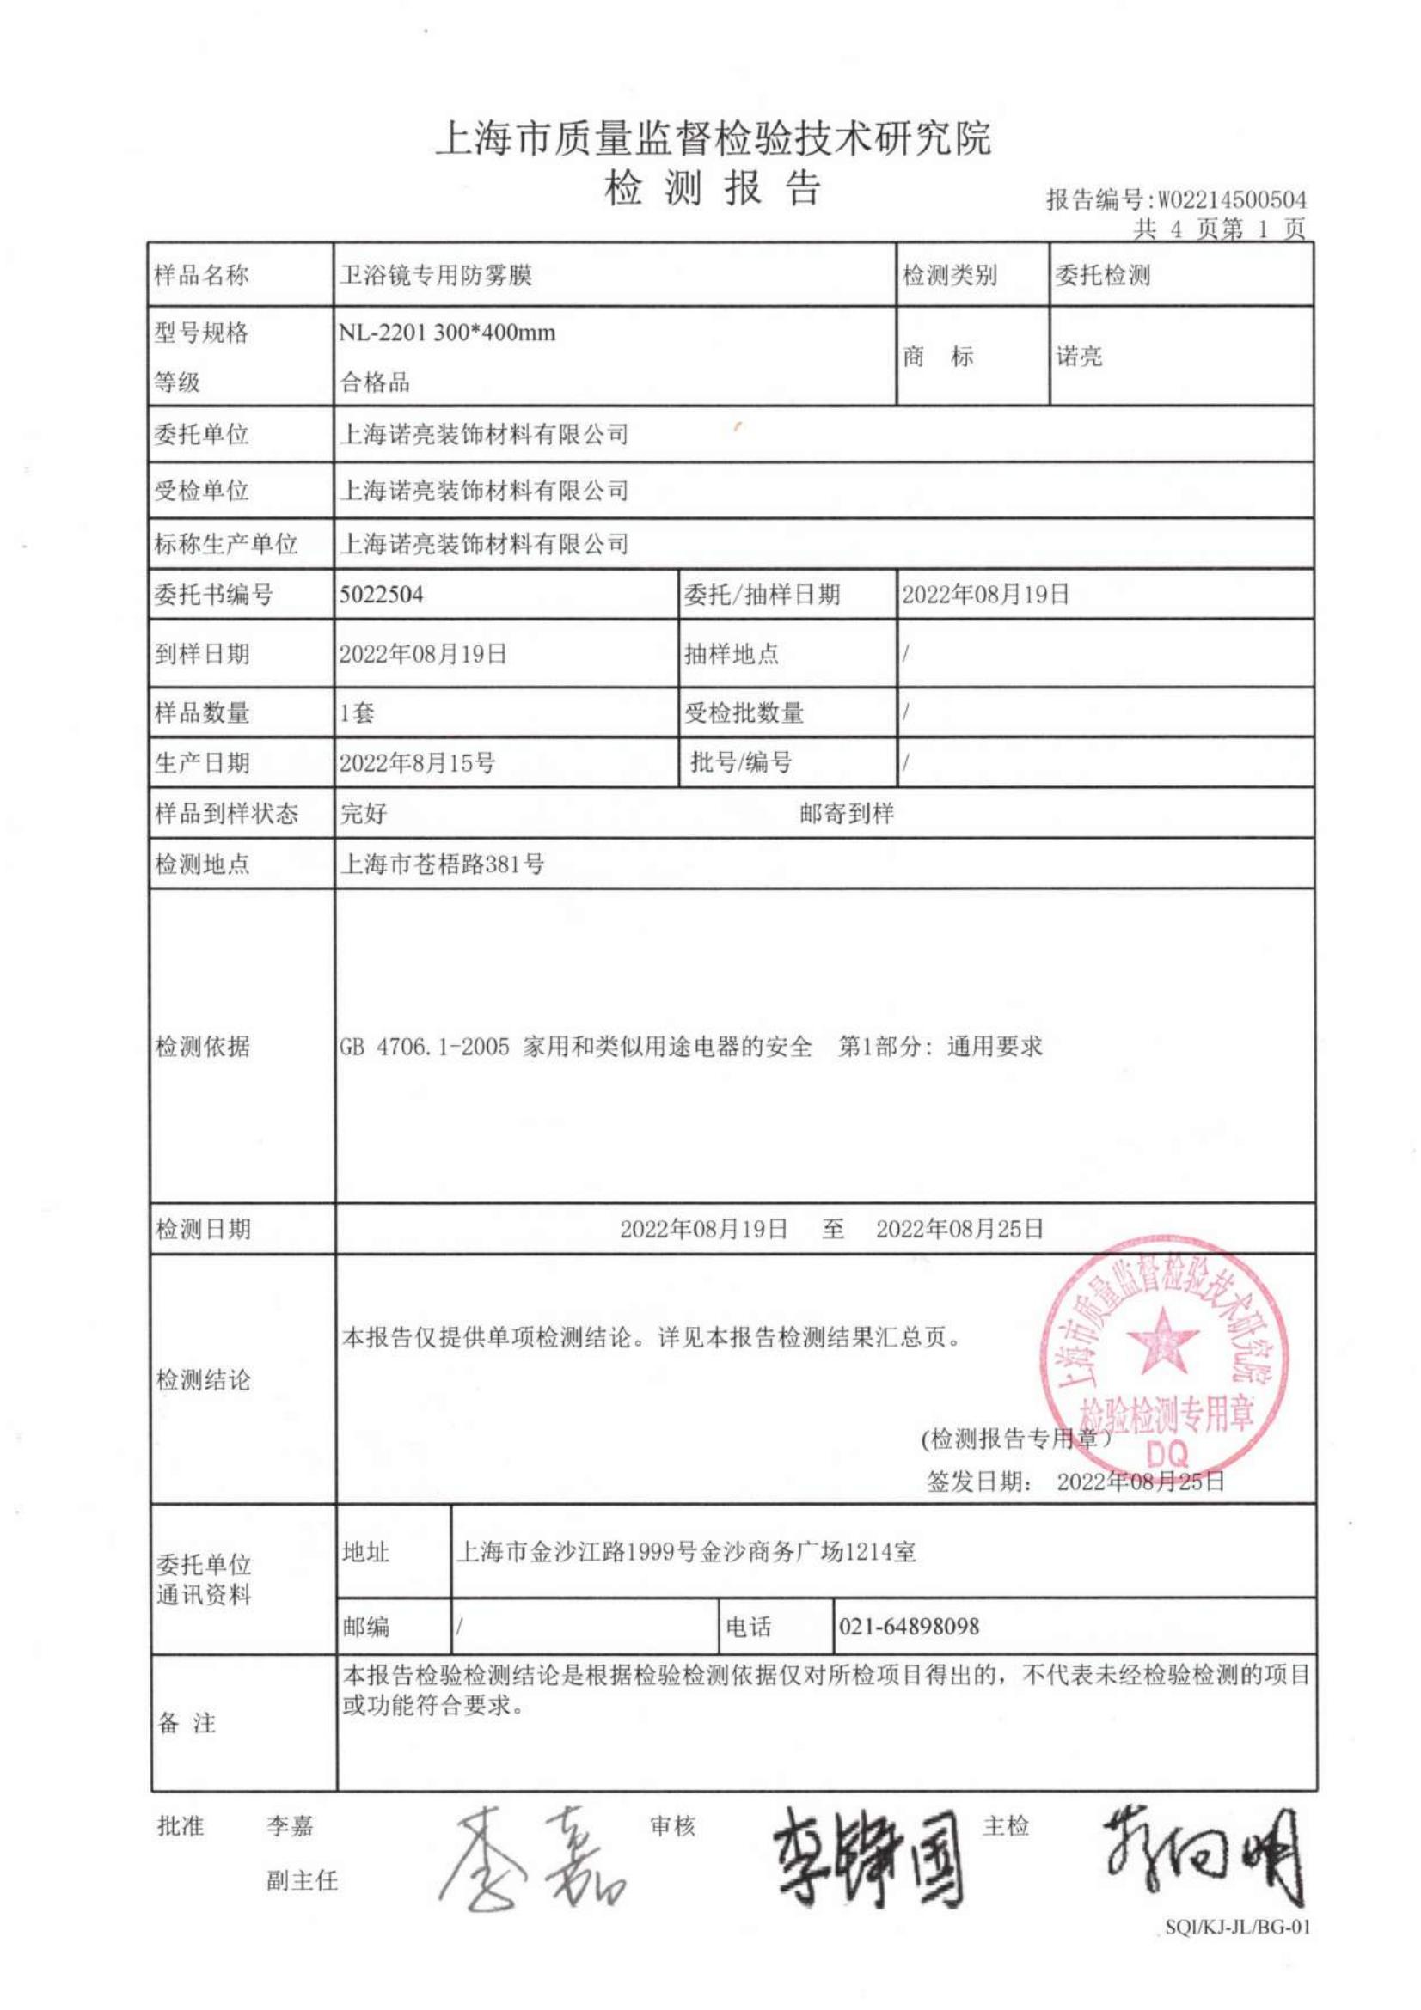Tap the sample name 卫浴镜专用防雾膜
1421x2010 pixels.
(435, 276)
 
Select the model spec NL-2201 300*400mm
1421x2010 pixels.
(446, 333)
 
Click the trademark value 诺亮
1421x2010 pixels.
(1079, 357)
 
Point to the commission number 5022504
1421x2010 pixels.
(381, 596)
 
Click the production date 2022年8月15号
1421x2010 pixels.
(417, 763)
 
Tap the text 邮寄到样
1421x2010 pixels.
(846, 813)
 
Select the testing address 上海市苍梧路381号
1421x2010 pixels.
(441, 864)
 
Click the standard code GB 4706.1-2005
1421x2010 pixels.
(425, 1046)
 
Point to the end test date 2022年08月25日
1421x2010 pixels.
(959, 1229)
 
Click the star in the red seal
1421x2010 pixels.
(1162, 1341)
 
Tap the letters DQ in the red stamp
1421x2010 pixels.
(1168, 1455)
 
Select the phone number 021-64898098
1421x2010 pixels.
(909, 1627)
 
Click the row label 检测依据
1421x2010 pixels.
(202, 1046)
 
